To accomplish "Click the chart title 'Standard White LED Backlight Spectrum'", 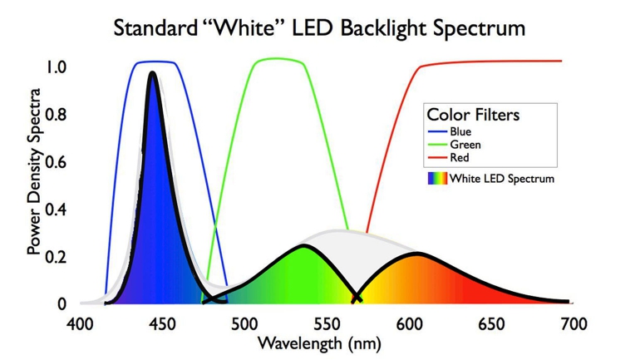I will pos(319,28).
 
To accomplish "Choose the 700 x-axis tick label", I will pos(573,323).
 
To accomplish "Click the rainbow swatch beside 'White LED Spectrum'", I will pos(436,178).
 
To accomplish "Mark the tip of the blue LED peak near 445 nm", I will pos(153,73).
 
